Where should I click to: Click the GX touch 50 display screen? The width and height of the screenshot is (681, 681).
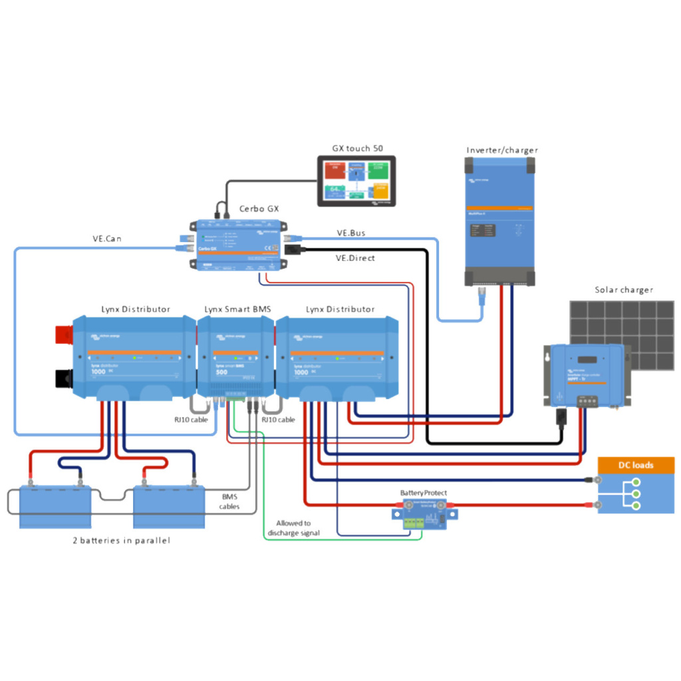(x=355, y=181)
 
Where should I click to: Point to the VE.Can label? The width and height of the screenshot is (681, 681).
(x=106, y=238)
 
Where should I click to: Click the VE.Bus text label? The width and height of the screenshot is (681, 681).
(x=350, y=233)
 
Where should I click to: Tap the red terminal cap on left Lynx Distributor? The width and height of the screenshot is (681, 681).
(x=64, y=333)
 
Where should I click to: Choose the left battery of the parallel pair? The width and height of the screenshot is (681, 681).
(x=55, y=505)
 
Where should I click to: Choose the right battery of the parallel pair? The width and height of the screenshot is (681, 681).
(x=169, y=505)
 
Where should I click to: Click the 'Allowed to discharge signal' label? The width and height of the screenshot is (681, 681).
(x=293, y=528)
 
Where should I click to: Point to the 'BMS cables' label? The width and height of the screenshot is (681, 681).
(x=229, y=501)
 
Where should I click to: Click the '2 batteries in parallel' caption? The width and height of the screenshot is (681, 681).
(x=121, y=541)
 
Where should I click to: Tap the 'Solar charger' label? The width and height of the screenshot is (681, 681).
(x=623, y=290)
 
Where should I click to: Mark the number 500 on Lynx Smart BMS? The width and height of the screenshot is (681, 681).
(x=222, y=372)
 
